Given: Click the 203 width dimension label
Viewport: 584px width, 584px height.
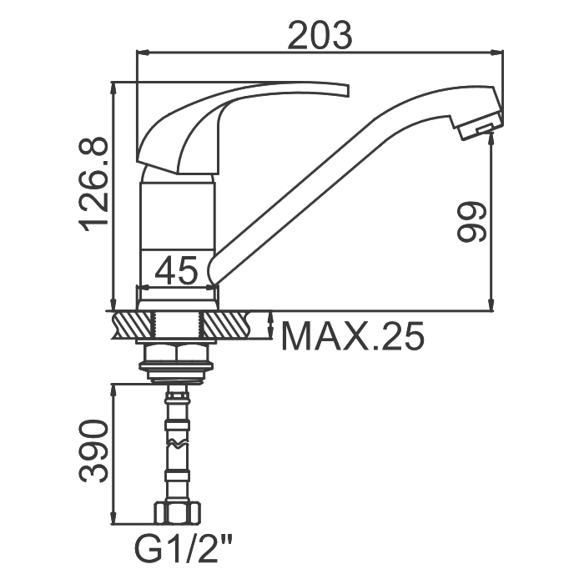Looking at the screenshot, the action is click(x=320, y=36).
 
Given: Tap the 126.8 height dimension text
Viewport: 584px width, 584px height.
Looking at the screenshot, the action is click(x=93, y=184).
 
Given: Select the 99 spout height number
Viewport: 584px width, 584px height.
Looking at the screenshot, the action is click(x=471, y=223).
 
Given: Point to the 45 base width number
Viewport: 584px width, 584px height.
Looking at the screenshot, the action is click(x=176, y=270).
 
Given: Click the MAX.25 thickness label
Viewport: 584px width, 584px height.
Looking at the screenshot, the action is click(x=352, y=336).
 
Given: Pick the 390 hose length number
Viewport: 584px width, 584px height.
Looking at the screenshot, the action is click(x=93, y=451).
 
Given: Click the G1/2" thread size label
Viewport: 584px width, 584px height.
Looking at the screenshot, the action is click(x=184, y=551).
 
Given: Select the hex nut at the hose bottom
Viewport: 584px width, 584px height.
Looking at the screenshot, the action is click(x=177, y=514).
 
